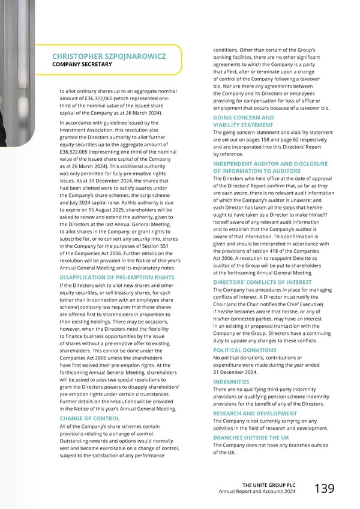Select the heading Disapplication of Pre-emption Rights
tap(117, 277)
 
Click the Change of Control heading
tap(89, 418)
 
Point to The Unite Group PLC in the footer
tap(269, 484)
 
